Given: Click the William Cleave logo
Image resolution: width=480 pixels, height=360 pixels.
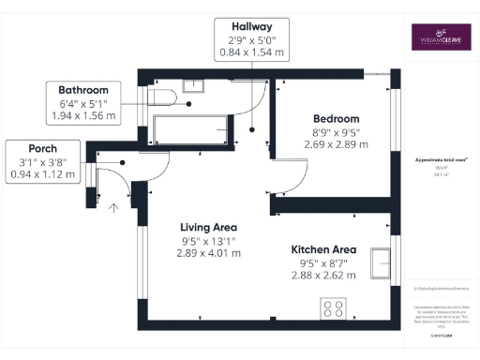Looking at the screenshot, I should coord(441,37).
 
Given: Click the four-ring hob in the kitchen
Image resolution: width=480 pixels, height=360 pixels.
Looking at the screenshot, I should coord(333,307).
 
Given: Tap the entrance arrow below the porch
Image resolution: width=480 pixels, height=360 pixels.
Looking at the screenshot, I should coord(114,208).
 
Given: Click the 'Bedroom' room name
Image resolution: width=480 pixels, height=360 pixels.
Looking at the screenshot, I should coord(336,119).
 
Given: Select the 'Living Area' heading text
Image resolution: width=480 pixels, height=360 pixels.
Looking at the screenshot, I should coord(208,227).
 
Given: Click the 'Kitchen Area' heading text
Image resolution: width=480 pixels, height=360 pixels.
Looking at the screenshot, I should coord(323,249).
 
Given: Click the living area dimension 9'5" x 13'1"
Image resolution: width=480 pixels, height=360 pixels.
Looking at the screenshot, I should coord(208,240).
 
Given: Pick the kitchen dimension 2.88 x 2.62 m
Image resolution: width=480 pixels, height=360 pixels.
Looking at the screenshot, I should coord(323,276).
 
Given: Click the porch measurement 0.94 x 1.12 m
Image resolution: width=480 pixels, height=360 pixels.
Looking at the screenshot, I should coord(42,173).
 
